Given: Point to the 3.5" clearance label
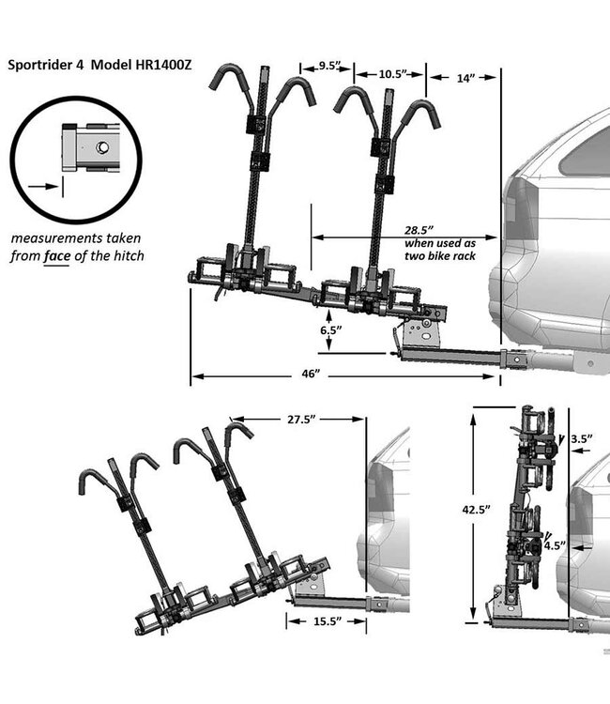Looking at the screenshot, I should point(580,436).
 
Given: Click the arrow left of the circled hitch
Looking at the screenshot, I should point(40,186).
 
